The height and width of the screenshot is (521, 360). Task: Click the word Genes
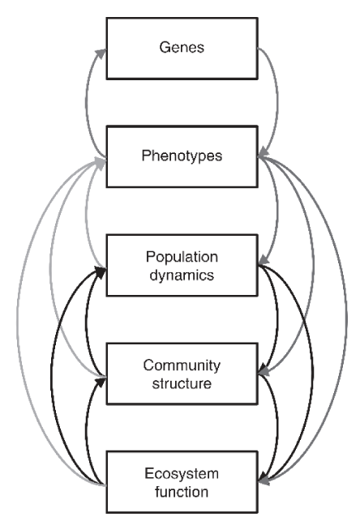tap(182, 47)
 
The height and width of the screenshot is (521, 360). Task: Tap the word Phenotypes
tap(182, 156)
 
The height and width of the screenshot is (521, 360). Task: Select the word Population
tap(182, 257)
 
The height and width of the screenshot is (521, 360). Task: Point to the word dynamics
tap(182, 275)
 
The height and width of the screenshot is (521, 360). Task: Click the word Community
tap(182, 365)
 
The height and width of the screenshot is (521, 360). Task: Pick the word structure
tap(182, 383)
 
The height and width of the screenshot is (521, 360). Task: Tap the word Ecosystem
tap(182, 473)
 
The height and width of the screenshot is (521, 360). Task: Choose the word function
tap(182, 492)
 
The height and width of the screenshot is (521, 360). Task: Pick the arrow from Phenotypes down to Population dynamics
tap(277, 209)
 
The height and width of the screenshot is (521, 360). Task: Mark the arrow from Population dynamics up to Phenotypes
tap(86, 212)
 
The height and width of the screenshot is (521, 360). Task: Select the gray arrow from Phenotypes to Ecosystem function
tap(347, 319)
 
